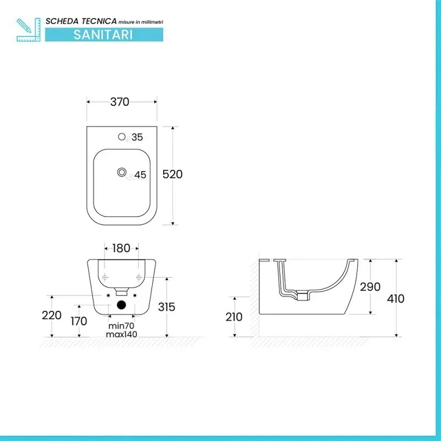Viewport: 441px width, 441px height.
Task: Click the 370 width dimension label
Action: [x=120, y=102]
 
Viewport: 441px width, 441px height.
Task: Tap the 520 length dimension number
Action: [x=172, y=174]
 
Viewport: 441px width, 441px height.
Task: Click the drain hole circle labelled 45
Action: [x=121, y=173]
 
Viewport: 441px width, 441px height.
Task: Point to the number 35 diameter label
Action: [x=137, y=137]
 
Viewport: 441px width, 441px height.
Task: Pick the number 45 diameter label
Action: [x=140, y=175]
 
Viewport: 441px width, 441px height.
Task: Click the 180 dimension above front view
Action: [x=121, y=248]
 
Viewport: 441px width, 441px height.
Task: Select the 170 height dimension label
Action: [x=79, y=320]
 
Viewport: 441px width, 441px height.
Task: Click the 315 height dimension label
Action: [x=166, y=306]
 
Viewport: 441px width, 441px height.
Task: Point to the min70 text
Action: [x=122, y=326]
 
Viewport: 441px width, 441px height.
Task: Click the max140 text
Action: [x=122, y=334]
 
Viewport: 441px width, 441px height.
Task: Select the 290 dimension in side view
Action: [x=370, y=287]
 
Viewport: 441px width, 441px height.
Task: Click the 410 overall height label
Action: [x=395, y=299]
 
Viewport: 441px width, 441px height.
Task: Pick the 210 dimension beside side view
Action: [x=234, y=317]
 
